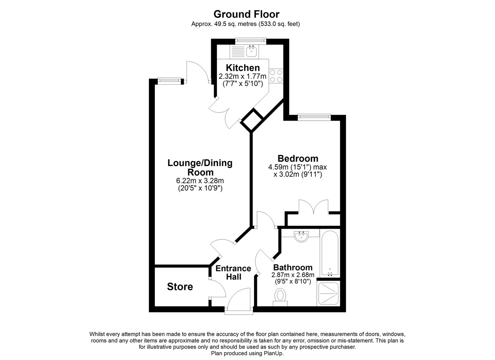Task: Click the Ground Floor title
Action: [x=246, y=14]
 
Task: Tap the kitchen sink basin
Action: [x=251, y=51]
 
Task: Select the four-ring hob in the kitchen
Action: [x=276, y=76]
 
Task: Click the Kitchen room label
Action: [x=243, y=67]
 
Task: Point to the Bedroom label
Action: [x=298, y=158]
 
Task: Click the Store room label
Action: [x=180, y=287]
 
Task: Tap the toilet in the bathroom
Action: [x=280, y=297]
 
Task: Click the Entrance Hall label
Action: [x=233, y=272]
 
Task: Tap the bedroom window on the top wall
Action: [x=314, y=117]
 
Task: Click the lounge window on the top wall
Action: [x=169, y=81]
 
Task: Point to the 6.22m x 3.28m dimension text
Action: [x=200, y=181]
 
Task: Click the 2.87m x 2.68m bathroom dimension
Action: [x=293, y=275]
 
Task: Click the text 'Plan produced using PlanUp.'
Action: [x=247, y=353]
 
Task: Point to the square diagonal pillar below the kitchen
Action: [x=252, y=121]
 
